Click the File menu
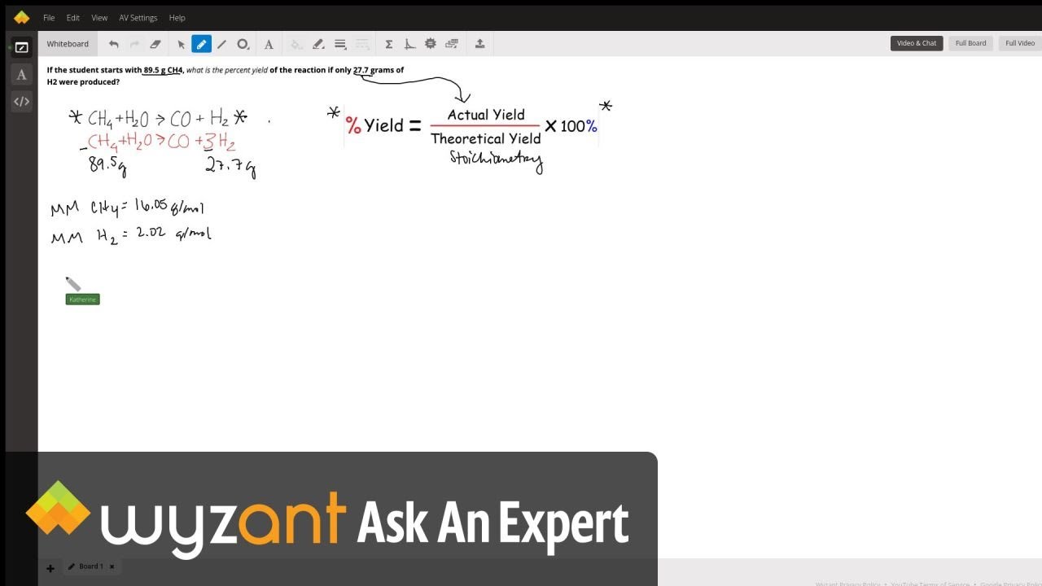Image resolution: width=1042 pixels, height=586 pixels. (49, 18)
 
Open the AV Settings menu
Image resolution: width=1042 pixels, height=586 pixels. (138, 18)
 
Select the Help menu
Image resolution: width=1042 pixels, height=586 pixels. (177, 18)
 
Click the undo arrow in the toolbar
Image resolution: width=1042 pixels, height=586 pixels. (114, 44)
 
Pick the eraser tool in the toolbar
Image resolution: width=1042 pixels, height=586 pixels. (155, 44)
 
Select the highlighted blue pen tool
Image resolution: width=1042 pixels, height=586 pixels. (201, 44)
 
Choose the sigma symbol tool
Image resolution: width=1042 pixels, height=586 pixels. (388, 44)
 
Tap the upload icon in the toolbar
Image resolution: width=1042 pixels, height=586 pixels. (479, 44)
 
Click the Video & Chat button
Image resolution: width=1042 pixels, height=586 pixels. (917, 43)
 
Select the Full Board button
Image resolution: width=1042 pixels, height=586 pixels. (970, 43)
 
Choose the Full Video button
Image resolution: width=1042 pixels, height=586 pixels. (1019, 43)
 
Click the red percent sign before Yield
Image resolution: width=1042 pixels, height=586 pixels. (352, 125)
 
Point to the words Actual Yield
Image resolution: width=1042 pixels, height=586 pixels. (486, 115)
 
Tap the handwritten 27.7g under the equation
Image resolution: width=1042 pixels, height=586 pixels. (230, 167)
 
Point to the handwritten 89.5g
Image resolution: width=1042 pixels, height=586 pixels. (107, 165)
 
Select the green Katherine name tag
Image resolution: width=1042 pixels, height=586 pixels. (82, 300)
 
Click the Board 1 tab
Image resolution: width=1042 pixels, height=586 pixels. (90, 566)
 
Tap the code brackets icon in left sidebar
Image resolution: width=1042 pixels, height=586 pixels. (22, 102)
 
